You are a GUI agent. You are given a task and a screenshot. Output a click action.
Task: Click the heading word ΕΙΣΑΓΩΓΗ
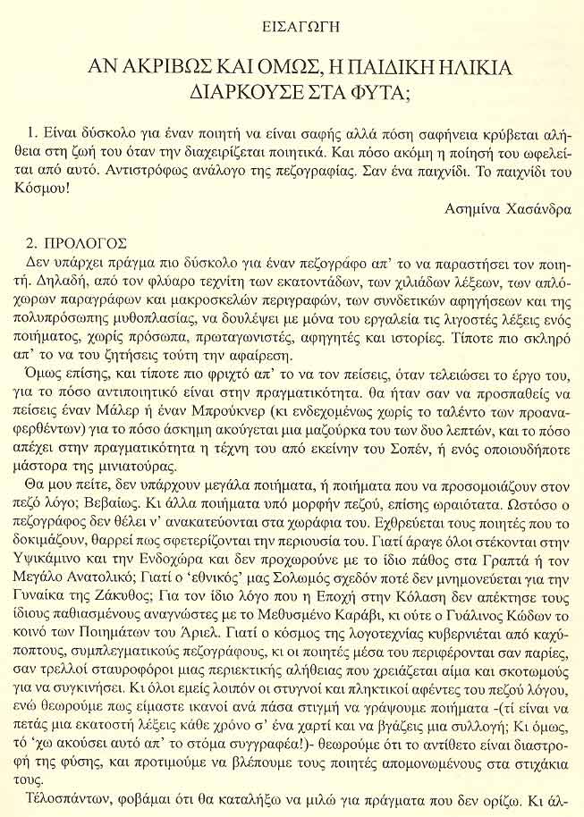click(x=291, y=23)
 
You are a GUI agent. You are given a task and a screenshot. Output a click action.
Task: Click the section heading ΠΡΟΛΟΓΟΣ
click(x=89, y=243)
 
